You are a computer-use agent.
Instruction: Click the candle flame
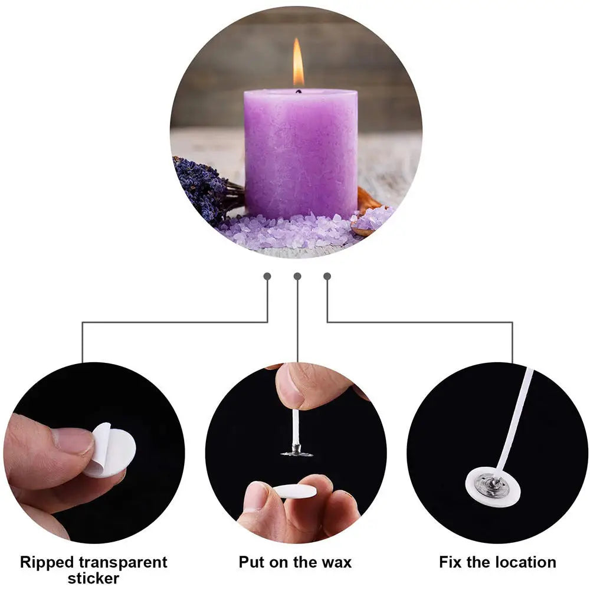[x=299, y=64]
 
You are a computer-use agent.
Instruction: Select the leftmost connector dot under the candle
[x=267, y=276]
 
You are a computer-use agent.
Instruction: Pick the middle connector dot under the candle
[x=297, y=276]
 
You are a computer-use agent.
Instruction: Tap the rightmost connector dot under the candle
[x=327, y=276]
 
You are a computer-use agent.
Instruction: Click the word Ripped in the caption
[x=47, y=562]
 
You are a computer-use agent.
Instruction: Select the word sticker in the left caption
[x=94, y=578]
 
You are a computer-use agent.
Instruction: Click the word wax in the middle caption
[x=336, y=562]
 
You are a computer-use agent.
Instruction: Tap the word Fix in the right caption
[x=451, y=562]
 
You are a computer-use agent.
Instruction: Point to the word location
[x=525, y=562]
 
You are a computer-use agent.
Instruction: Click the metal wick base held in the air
[x=297, y=453]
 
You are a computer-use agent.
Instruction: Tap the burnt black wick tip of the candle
[x=298, y=91]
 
